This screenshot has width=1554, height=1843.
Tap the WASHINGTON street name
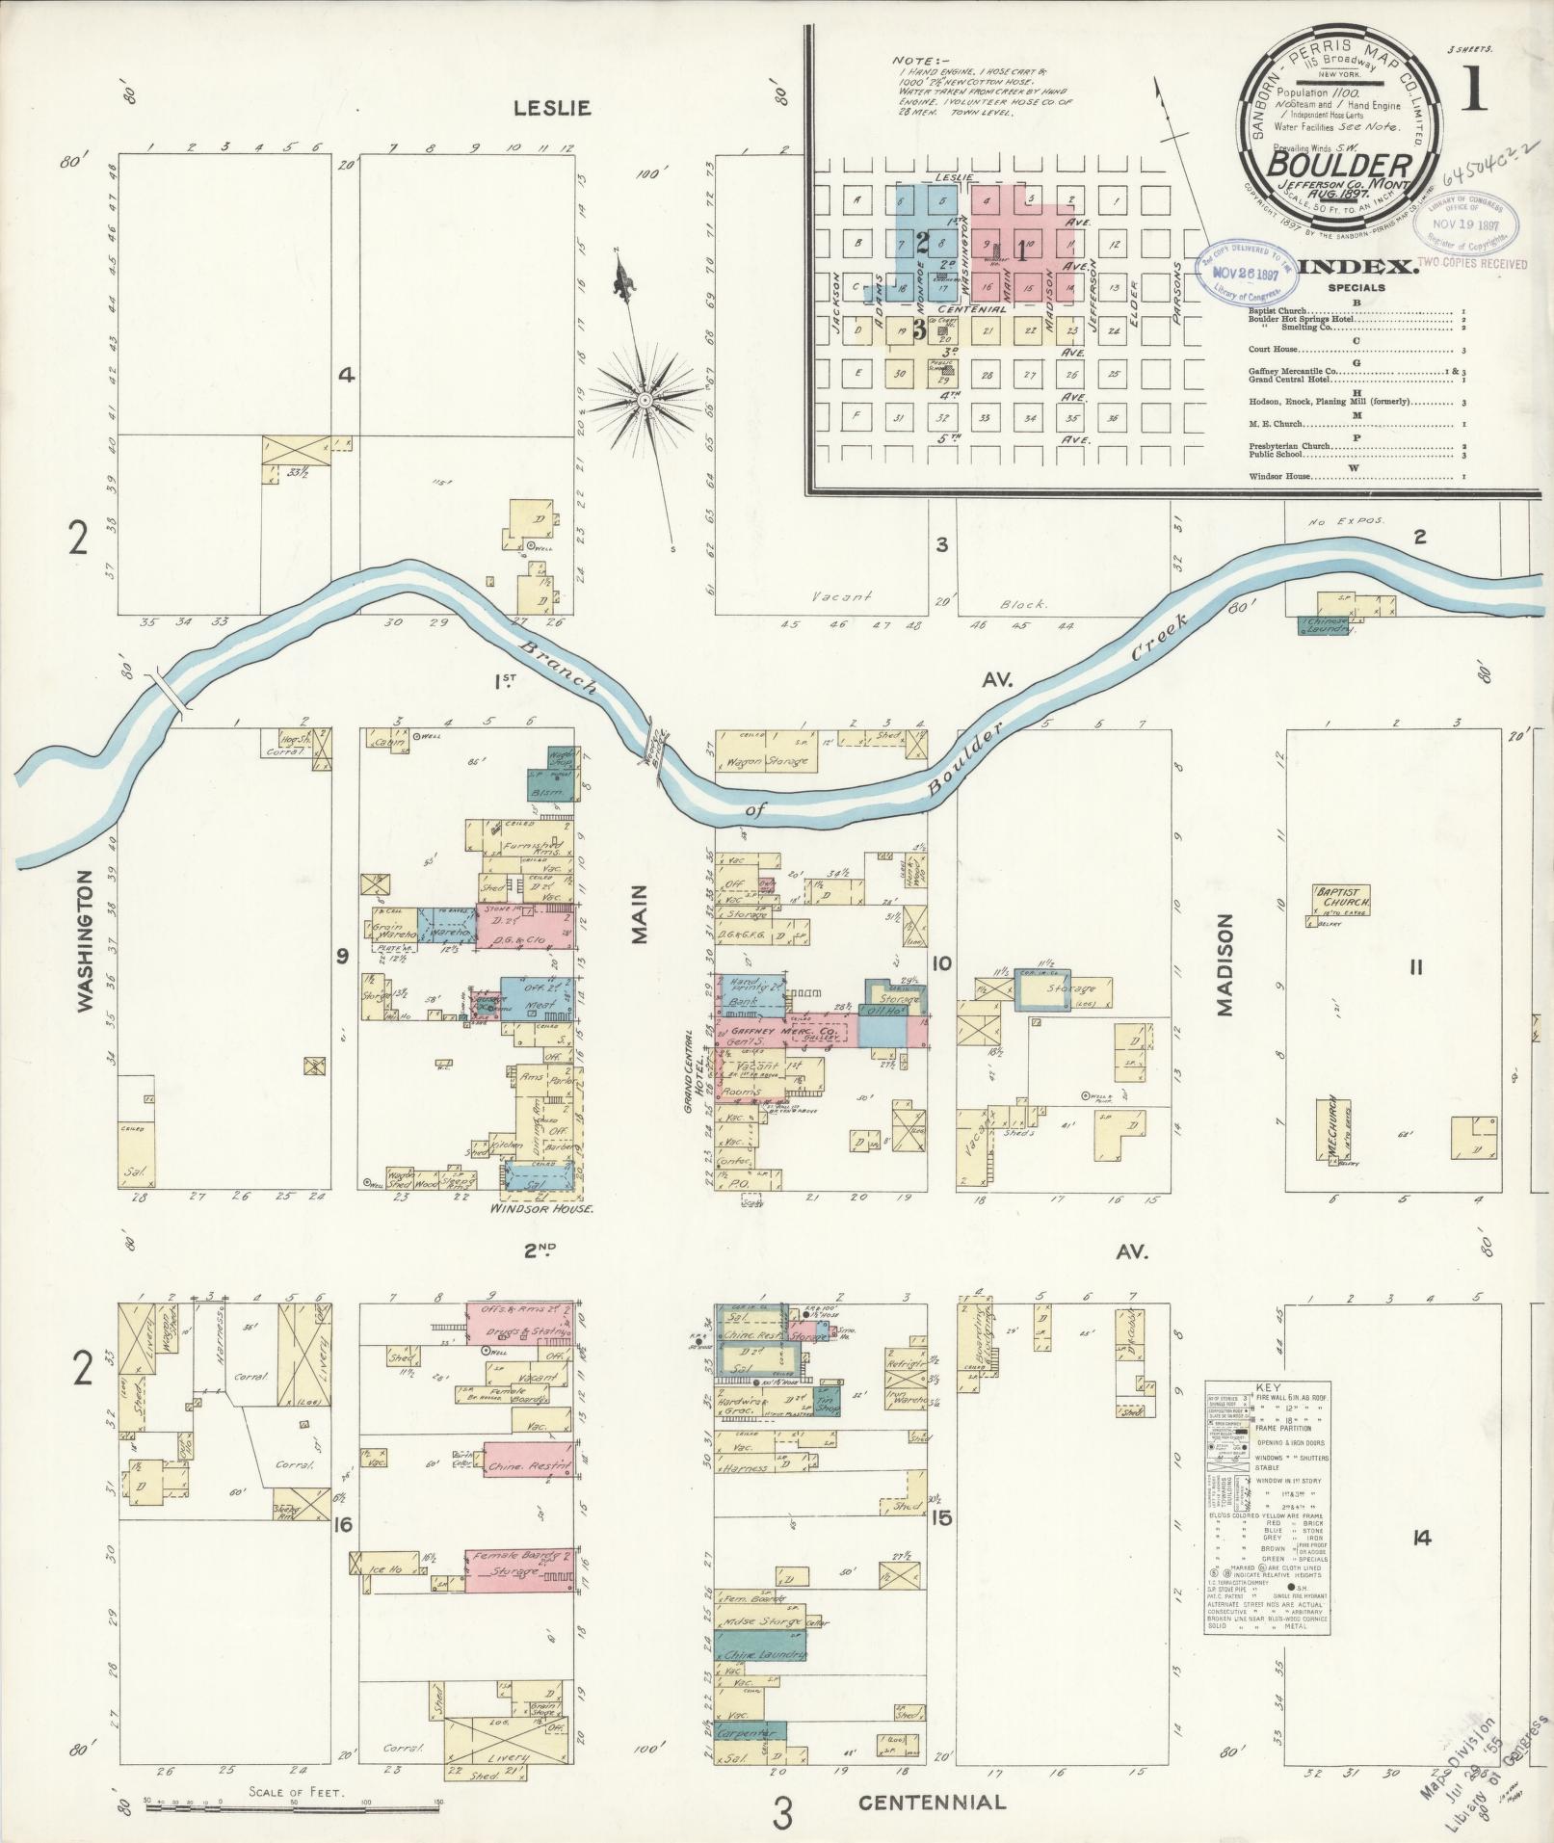[x=86, y=940]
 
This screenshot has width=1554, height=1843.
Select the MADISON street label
[x=1225, y=964]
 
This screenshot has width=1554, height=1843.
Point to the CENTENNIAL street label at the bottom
[x=932, y=1802]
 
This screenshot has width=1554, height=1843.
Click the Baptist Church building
[x=1341, y=898]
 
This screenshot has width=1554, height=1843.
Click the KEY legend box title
[x=1268, y=1387]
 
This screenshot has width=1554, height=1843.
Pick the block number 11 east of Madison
[x=1414, y=967]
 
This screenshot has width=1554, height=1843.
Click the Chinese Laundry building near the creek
[x=1326, y=625]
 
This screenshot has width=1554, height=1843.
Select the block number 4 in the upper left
[x=346, y=376]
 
